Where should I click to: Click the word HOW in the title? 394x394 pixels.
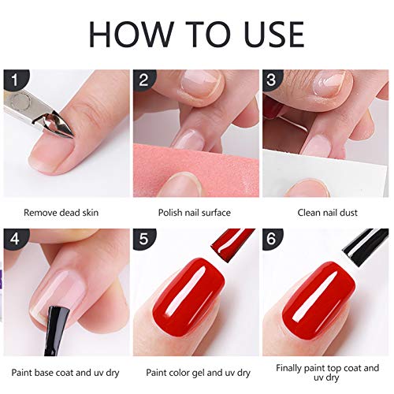click(x=132, y=35)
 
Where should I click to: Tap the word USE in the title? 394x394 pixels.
click(x=274, y=35)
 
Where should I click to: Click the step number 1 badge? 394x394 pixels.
click(x=15, y=80)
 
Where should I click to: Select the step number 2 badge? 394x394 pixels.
click(x=144, y=80)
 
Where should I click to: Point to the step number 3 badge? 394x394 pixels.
click(x=272, y=80)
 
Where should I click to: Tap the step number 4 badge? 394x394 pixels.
click(x=15, y=239)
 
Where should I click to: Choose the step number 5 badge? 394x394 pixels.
click(x=144, y=239)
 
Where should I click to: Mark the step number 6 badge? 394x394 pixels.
click(x=272, y=239)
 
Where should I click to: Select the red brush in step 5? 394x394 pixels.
click(x=231, y=244)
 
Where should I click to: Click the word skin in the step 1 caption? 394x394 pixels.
click(x=91, y=212)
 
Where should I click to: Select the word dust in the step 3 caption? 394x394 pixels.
click(x=348, y=212)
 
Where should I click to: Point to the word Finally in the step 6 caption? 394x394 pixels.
click(x=288, y=368)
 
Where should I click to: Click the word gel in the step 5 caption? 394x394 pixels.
click(x=199, y=373)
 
